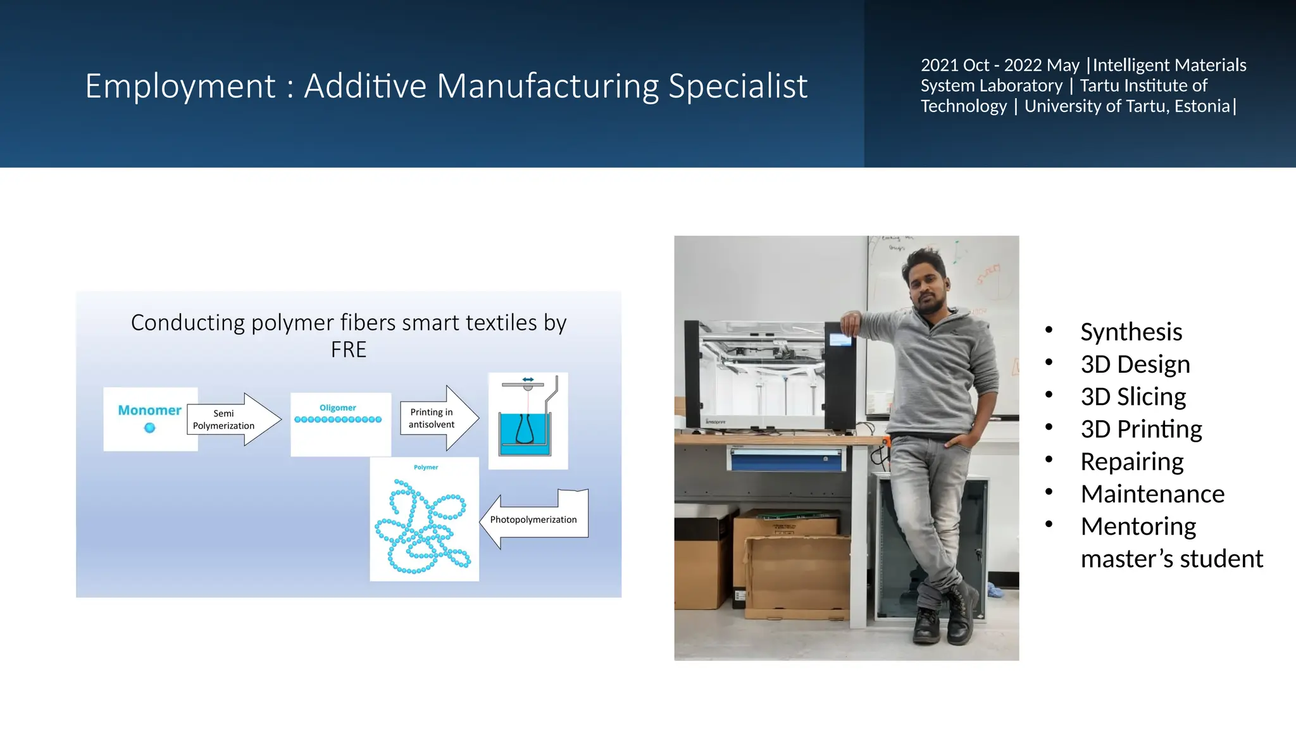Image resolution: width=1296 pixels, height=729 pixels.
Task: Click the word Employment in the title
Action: click(180, 86)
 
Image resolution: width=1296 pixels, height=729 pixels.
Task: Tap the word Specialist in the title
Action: click(738, 86)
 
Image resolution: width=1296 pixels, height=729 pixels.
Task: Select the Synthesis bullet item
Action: click(1131, 332)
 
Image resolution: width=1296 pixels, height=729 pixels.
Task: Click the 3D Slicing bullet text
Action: click(1133, 397)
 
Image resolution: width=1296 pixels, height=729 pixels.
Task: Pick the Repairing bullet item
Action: click(1131, 462)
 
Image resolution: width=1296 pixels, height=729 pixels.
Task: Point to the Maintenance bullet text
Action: click(1152, 494)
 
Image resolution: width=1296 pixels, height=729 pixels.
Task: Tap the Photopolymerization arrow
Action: click(535, 519)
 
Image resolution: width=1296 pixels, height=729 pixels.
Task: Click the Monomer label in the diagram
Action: click(149, 410)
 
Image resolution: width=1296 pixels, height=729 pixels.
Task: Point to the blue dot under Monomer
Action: click(149, 428)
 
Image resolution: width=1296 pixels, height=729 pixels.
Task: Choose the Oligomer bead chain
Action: click(338, 420)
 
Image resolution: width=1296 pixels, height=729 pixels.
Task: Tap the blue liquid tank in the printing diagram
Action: click(525, 430)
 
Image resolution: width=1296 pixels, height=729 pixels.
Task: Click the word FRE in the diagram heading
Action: click(348, 350)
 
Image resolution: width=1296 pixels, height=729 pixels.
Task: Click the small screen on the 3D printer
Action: click(840, 340)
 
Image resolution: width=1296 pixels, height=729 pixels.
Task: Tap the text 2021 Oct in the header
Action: click(954, 65)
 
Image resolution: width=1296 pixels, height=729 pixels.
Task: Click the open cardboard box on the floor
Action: click(797, 576)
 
